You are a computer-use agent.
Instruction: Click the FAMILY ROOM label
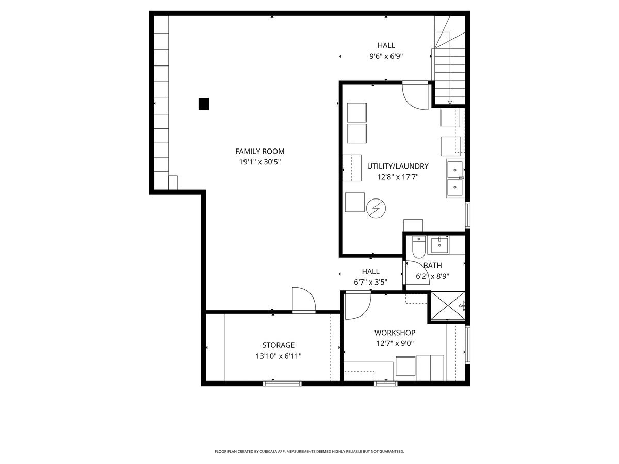point(259,151)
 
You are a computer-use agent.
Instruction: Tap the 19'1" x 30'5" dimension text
point(259,162)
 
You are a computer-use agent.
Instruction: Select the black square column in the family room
point(204,104)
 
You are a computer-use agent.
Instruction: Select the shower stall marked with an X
point(447,305)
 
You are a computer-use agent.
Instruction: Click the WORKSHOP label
point(395,333)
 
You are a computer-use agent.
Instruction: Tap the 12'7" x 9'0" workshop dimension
point(395,343)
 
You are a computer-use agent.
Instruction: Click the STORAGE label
point(278,345)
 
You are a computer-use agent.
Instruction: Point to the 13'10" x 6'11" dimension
point(278,356)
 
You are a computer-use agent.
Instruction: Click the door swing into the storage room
point(303,300)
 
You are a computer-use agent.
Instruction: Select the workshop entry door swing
point(356,305)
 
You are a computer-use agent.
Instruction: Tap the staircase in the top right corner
point(450,59)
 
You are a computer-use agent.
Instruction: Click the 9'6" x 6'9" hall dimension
point(386,56)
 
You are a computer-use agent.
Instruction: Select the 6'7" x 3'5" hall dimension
point(370,282)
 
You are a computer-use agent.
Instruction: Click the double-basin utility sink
point(455,179)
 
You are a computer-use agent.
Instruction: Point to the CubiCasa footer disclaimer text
point(309,452)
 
